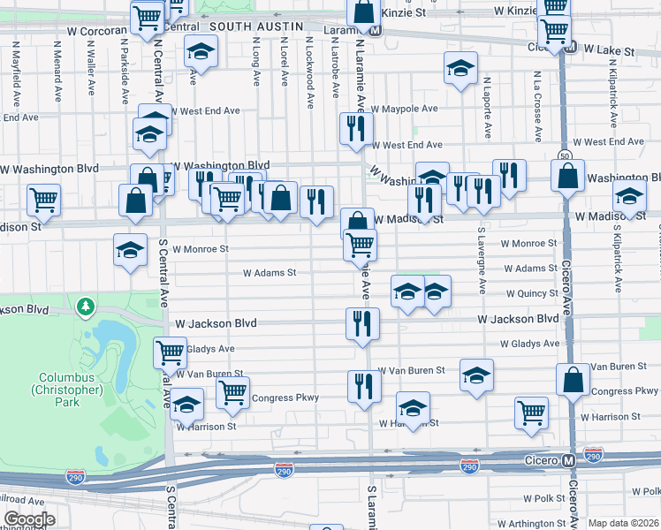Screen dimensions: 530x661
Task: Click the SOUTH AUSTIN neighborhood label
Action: click(x=256, y=26)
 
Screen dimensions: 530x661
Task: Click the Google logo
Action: click(x=28, y=519)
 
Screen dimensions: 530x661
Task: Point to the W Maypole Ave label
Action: click(x=404, y=110)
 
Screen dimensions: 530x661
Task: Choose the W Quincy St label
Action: click(x=531, y=293)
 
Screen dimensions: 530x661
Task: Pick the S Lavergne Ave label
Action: click(x=482, y=260)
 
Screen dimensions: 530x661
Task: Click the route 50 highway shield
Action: click(x=565, y=156)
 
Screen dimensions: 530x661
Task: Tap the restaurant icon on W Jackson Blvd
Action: click(x=363, y=323)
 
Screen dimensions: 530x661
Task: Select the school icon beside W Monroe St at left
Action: click(x=130, y=250)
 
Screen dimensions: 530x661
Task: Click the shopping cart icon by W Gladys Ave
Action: click(x=170, y=352)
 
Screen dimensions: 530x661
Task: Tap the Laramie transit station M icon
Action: click(x=375, y=28)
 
